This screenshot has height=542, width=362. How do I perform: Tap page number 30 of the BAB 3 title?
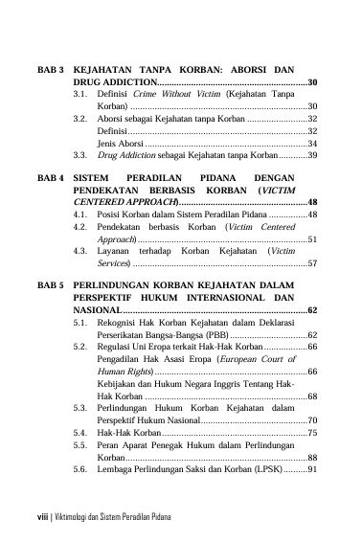point(313,84)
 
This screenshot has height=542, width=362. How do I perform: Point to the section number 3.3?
point(80,154)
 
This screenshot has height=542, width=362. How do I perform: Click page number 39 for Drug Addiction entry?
point(312,154)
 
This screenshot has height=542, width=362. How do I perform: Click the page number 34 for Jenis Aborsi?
point(312,143)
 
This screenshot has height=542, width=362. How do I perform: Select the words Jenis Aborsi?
point(120,143)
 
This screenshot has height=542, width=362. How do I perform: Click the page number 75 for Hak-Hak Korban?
point(312,461)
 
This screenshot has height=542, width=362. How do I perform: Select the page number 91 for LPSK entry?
point(312,496)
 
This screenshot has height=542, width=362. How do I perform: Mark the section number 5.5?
point(80,472)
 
